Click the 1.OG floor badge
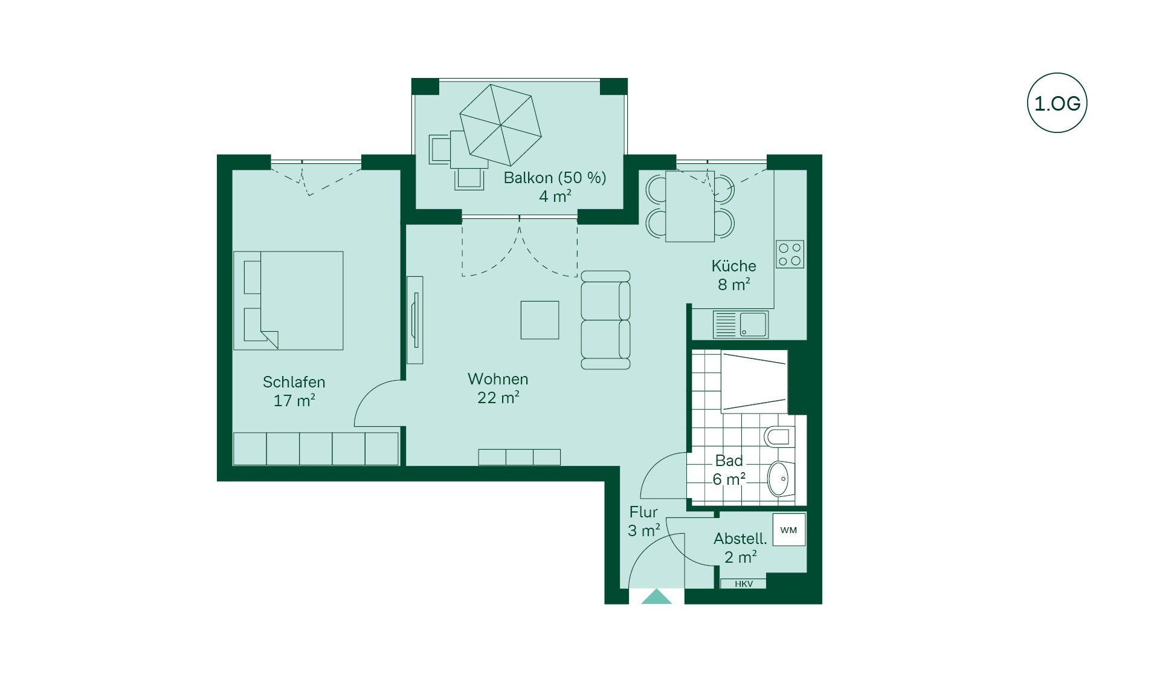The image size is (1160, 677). (x=1057, y=103)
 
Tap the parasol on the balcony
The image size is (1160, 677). (x=500, y=125)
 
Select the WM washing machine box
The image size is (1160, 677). (x=789, y=530)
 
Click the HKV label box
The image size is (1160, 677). (x=743, y=584)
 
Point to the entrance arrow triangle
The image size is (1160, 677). (x=656, y=597)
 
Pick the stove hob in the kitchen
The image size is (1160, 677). (x=790, y=254)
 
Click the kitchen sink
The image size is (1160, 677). (x=740, y=325)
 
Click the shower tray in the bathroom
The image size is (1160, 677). (x=755, y=382)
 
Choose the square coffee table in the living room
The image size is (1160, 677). (x=540, y=320)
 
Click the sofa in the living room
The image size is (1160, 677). (x=605, y=320)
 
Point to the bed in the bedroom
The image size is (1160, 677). (x=288, y=300)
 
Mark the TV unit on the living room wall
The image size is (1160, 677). (x=414, y=320)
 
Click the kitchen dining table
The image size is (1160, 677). (x=690, y=206)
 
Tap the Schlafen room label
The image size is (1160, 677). (x=294, y=382)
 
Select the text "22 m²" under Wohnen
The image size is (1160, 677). (x=498, y=397)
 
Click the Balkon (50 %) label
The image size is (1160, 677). (x=555, y=178)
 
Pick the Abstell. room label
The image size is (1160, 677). (x=740, y=539)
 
